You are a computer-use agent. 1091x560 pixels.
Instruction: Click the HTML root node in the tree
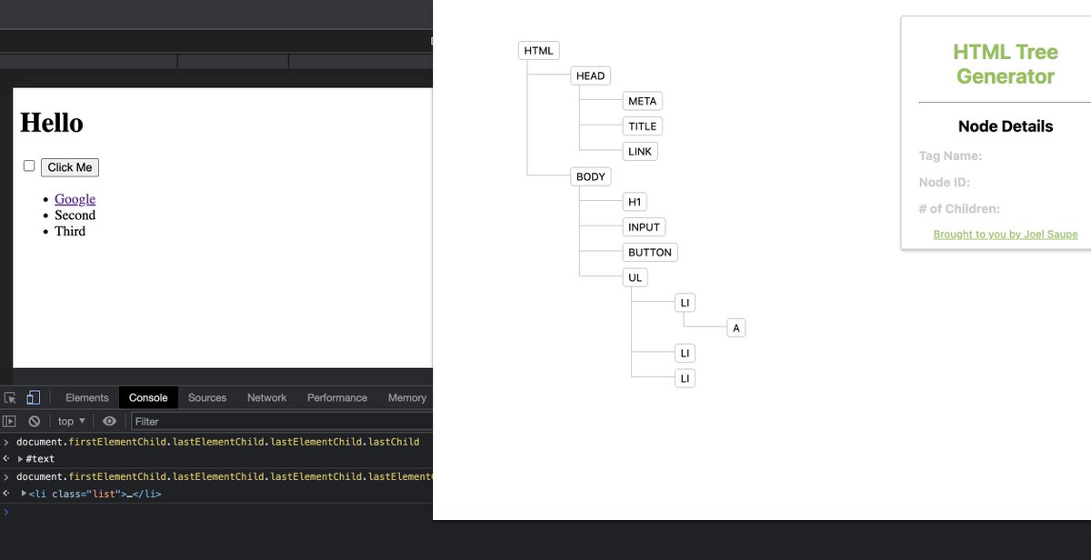coord(538,51)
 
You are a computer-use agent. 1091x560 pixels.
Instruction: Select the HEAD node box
coord(590,76)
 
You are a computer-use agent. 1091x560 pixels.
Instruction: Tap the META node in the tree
coord(642,101)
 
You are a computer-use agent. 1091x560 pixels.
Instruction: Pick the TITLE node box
coord(642,126)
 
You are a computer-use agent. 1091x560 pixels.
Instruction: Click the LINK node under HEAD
coord(640,152)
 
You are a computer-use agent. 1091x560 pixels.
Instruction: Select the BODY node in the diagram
coord(590,177)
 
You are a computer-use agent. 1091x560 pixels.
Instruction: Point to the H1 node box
coord(635,202)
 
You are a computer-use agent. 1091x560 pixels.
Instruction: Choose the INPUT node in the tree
coord(644,227)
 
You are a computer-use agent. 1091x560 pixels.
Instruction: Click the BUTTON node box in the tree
coord(649,253)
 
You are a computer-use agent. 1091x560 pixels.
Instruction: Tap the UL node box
coord(635,278)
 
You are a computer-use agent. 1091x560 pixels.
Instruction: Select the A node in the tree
coord(736,328)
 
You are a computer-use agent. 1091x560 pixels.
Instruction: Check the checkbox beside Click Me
coord(29,166)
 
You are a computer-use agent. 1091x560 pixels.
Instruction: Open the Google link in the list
coord(75,199)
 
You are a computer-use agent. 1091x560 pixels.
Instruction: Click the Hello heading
coord(52,123)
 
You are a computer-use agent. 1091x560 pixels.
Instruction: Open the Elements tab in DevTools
coord(86,398)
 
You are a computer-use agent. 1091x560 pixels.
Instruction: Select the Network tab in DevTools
coord(266,398)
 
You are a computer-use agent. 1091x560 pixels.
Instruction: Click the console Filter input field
coord(273,422)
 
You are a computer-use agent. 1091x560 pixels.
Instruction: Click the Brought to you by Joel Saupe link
coord(1005,235)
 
